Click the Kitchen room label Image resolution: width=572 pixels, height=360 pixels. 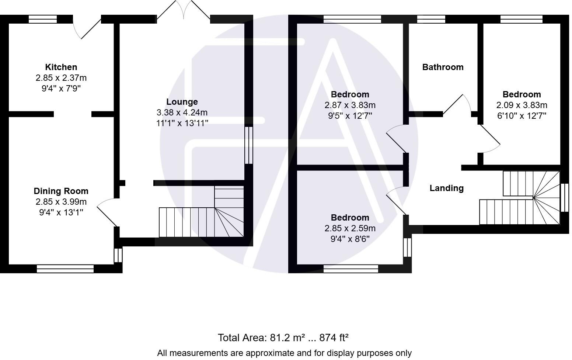[x=61, y=67]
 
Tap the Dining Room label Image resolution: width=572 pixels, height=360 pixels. [x=61, y=191]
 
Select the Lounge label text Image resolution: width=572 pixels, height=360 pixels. [x=182, y=102]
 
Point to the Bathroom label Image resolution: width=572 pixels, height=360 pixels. [x=443, y=67]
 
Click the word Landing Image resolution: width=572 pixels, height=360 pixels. [x=446, y=188]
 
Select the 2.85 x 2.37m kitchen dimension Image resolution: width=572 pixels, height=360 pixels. [x=61, y=78]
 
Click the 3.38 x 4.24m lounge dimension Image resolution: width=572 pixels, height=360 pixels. [x=182, y=112]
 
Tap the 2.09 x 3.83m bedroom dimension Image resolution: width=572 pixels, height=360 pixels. [x=522, y=105]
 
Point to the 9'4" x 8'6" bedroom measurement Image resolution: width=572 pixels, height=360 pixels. [x=350, y=239]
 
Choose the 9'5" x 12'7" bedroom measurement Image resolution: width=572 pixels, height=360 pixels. [x=350, y=116]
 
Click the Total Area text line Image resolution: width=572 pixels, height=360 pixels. [x=283, y=337]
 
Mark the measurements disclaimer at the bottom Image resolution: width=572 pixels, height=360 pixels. [x=284, y=353]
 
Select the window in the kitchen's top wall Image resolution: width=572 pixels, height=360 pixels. [x=43, y=19]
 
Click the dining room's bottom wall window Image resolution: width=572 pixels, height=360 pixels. [x=65, y=269]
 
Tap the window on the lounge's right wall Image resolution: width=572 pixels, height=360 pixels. [x=249, y=145]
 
